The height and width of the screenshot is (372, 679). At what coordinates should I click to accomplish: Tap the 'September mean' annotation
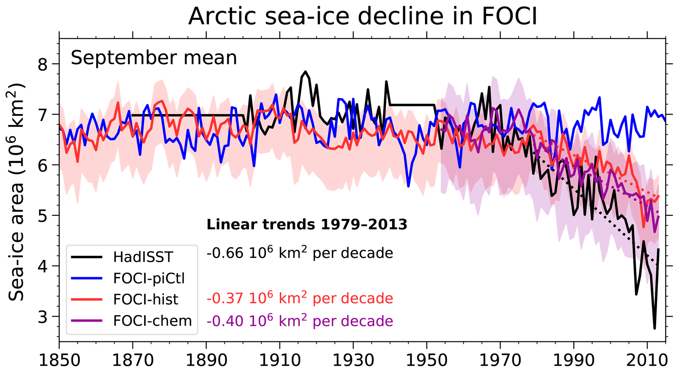pos(154,58)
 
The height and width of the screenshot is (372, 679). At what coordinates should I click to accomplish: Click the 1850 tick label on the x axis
pos(59,361)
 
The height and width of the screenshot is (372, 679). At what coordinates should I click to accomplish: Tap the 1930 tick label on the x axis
pos(353,361)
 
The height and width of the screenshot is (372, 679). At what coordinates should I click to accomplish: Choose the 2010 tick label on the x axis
pos(647,361)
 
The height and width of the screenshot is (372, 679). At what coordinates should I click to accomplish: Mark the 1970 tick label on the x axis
pos(500,361)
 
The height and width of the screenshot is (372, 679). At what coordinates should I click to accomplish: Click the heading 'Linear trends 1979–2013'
pos(307,225)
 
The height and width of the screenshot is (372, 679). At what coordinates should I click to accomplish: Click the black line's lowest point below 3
pos(654,328)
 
